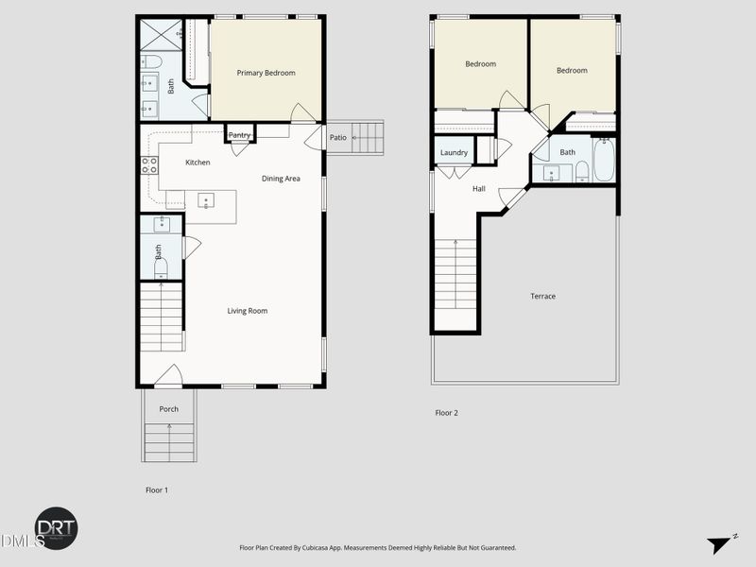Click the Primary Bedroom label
click(266, 73)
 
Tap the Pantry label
click(240, 135)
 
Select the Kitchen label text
click(198, 163)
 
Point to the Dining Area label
click(281, 178)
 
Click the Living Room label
click(248, 311)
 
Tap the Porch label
click(168, 409)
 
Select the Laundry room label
click(454, 152)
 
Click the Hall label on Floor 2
click(479, 189)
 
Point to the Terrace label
click(542, 297)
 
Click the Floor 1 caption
click(156, 490)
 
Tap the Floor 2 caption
click(446, 413)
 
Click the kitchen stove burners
click(149, 166)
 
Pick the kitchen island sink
click(205, 199)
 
